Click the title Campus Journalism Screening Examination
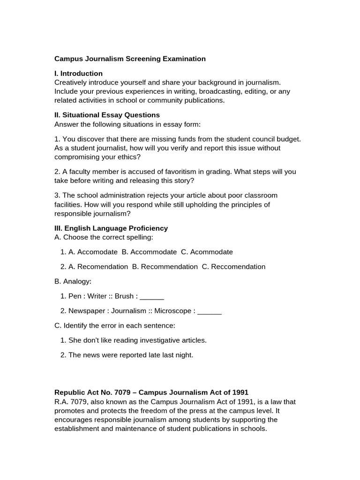(x=130, y=59)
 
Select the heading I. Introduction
(x=78, y=73)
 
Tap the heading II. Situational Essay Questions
(x=107, y=115)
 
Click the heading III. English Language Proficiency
(x=111, y=228)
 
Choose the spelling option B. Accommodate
(x=149, y=252)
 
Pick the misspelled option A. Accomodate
(x=93, y=252)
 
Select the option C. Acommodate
(x=207, y=252)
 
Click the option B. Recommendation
(x=165, y=267)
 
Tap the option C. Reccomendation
(x=233, y=267)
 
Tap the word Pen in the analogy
(x=75, y=296)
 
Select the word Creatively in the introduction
(x=71, y=82)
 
